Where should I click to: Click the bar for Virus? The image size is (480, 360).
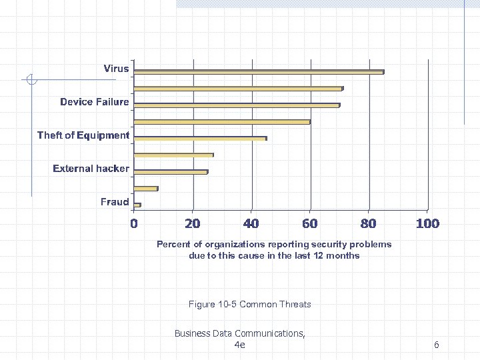pyautogui.click(x=259, y=72)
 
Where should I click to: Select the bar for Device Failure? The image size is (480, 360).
pyautogui.click(x=237, y=105)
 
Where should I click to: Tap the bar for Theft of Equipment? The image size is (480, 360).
pyautogui.click(x=200, y=139)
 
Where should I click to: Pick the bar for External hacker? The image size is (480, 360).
pyautogui.click(x=171, y=172)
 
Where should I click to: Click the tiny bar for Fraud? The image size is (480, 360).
pyautogui.click(x=137, y=205)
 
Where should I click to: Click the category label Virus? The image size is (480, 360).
pyautogui.click(x=116, y=69)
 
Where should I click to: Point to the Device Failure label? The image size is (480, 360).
pyautogui.click(x=94, y=102)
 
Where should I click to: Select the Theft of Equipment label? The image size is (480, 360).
pyautogui.click(x=83, y=135)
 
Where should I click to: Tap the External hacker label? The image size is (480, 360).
pyautogui.click(x=91, y=169)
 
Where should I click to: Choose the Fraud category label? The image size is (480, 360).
pyautogui.click(x=115, y=201)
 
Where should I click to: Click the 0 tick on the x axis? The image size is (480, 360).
pyautogui.click(x=134, y=223)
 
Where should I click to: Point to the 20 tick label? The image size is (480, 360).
pyautogui.click(x=193, y=223)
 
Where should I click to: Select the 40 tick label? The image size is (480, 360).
pyautogui.click(x=251, y=223)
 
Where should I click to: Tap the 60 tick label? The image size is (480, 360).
pyautogui.click(x=310, y=223)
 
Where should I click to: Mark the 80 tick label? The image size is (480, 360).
pyautogui.click(x=369, y=223)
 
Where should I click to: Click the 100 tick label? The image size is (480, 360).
pyautogui.click(x=427, y=223)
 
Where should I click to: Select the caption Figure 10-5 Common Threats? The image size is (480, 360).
pyautogui.click(x=249, y=305)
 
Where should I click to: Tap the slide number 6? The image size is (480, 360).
pyautogui.click(x=436, y=345)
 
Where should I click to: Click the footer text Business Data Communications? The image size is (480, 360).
pyautogui.click(x=239, y=333)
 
